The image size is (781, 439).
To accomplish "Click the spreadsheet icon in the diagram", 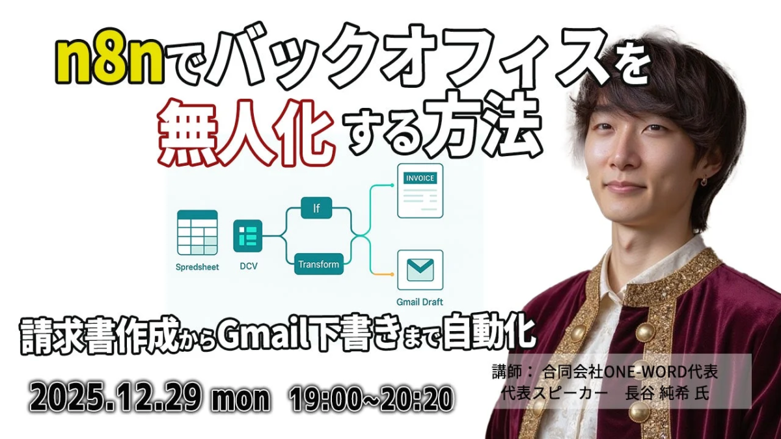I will pos(197,233).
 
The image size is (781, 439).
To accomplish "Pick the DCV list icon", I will pos(248,236).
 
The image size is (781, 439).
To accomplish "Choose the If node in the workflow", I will pos(316,208).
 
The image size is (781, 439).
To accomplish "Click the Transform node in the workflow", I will pos(318,265).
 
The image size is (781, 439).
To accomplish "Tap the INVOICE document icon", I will pos(420,191).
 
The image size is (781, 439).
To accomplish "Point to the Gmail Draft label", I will pos(420,302).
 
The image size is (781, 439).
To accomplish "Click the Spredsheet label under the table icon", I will pos(197,267).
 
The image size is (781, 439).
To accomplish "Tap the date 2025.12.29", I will pos(116,398).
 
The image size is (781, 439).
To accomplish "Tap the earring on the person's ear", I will pos(704,183).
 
